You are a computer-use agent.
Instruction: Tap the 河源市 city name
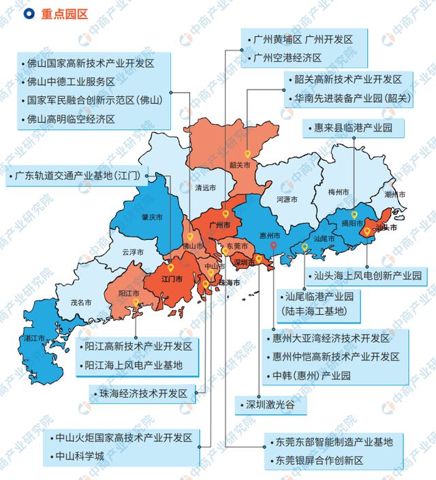click(287, 200)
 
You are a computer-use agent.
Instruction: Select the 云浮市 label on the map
click(132, 252)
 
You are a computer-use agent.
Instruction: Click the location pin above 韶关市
click(247, 154)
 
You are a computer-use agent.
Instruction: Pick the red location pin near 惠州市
click(273, 246)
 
